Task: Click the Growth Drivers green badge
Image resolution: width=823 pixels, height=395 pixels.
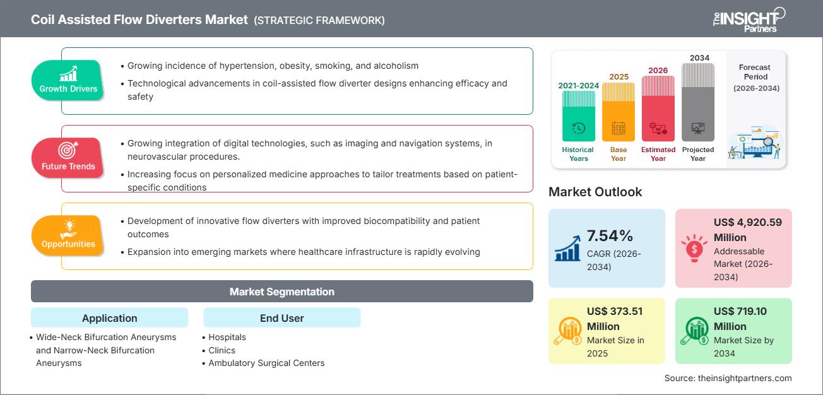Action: pos(68,80)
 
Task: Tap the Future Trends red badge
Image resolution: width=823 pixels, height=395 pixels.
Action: pos(68,158)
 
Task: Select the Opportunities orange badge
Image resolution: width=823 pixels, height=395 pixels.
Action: pos(68,235)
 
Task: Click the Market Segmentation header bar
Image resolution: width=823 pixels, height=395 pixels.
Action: pos(281,292)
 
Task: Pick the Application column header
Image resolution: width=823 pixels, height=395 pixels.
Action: pos(109,318)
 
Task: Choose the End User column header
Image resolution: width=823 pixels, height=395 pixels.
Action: pos(281,318)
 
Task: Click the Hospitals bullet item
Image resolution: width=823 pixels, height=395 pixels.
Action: pos(227,337)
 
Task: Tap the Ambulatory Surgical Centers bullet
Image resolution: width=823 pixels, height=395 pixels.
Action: pos(266,363)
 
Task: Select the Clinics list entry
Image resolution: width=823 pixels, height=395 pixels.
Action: pos(222,350)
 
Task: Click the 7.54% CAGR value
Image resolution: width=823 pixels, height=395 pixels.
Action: pos(610,236)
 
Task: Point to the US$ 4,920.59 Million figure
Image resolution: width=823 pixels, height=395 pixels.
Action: pos(739,230)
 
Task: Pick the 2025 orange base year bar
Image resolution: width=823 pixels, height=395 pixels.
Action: pos(619,112)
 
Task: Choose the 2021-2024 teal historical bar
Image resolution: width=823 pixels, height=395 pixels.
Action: pos(578,115)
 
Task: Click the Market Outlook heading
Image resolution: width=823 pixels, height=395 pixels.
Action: pos(595,192)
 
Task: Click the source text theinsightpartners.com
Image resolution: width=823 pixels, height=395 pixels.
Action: pos(728,378)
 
